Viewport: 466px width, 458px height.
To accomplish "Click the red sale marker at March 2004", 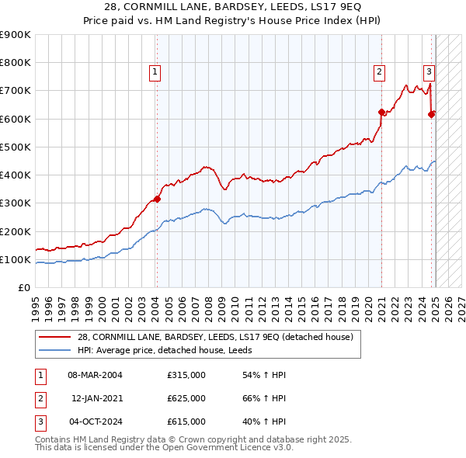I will [x=156, y=199].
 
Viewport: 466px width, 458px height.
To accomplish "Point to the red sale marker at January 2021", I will [x=381, y=112].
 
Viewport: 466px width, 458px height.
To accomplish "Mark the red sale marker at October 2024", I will [x=431, y=114].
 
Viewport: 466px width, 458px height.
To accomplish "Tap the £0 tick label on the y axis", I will [x=25, y=287].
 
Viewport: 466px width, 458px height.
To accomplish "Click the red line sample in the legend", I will [x=56, y=337].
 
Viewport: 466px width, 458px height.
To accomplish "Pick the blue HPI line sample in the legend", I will [x=56, y=350].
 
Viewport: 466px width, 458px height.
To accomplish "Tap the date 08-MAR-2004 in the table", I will [x=95, y=375].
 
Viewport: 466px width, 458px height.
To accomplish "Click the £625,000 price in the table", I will [x=186, y=398].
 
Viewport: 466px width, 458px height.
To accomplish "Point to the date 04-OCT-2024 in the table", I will [x=95, y=422].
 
